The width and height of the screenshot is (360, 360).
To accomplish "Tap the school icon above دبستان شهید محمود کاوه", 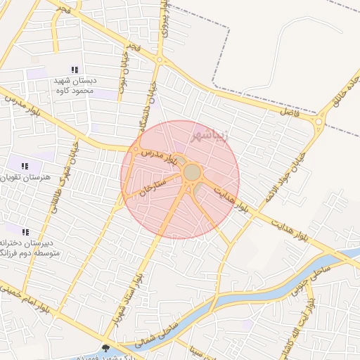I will click(75, 70).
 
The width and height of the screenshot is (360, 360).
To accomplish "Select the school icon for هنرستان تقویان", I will click(25, 167).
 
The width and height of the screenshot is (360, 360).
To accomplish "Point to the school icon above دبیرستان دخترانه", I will click(25, 232).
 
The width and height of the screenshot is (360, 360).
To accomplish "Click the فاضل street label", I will click(289, 112).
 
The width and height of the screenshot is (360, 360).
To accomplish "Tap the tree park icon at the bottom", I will click(105, 348).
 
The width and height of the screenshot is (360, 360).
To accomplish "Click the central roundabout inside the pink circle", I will click(192, 172).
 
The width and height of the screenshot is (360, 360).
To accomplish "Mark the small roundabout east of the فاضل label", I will click(320, 124).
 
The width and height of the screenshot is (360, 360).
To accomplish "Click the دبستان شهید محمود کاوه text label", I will click(73, 86).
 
